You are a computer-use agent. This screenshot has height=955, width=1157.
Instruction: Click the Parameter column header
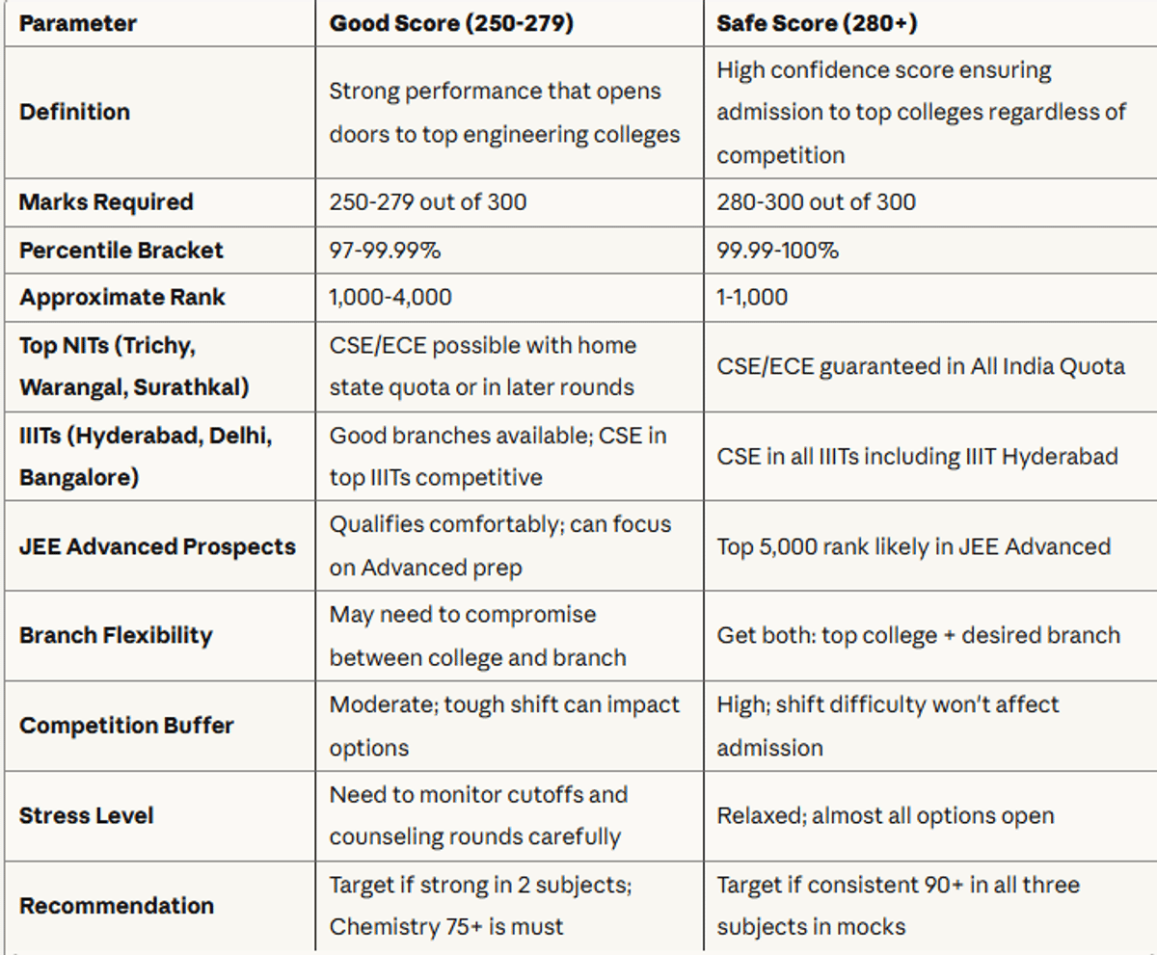pos(77,24)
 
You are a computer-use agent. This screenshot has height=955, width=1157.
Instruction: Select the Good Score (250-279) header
pos(451,23)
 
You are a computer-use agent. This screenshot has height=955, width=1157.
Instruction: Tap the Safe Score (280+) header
pos(817,23)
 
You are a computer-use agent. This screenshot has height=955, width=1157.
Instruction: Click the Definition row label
pos(75,112)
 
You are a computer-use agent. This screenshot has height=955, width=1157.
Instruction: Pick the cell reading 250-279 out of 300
pos(428,202)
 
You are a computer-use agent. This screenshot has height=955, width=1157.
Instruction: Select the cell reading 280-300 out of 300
pos(817,202)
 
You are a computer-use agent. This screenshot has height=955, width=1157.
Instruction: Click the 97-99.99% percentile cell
pos(385,251)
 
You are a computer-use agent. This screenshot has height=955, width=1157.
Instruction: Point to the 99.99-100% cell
pos(777,251)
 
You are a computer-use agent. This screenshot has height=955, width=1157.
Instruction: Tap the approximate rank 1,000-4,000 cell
pos(390,298)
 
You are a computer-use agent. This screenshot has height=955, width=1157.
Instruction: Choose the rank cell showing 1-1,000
pos(752,298)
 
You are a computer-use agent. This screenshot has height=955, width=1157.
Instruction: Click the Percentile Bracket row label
pos(121,251)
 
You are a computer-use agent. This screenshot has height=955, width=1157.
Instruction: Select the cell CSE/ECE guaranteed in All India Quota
pos(921,367)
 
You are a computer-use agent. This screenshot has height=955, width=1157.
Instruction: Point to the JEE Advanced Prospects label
pos(157,546)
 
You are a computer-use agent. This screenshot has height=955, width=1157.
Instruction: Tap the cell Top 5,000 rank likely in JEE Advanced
pos(914,546)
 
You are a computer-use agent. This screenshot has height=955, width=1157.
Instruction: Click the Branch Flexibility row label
pos(116,635)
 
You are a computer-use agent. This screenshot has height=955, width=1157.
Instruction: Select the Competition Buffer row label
pos(126,726)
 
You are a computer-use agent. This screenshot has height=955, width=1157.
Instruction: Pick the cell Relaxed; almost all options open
pos(885,816)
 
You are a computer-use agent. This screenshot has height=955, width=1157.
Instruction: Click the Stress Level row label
pos(87,816)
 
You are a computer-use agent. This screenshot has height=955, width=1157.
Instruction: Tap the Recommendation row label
pos(117,906)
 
